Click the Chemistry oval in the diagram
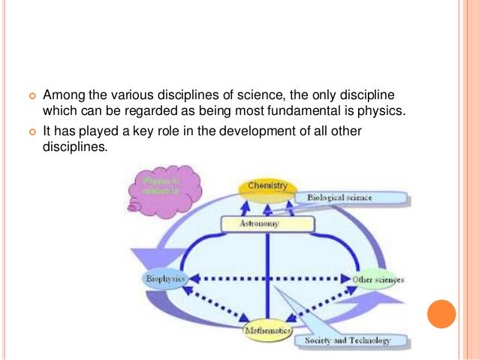point(267,186)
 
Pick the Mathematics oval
point(267,331)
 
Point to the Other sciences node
point(378,280)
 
